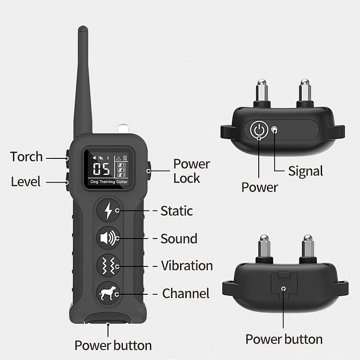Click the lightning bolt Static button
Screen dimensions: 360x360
coord(108,210)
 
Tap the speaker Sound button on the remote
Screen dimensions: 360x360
coord(108,238)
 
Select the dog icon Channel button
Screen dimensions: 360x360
coord(108,293)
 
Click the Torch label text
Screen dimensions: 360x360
coord(27,157)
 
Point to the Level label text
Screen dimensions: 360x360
coord(26,182)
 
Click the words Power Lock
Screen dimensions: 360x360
coord(191,171)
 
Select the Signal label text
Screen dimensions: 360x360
coord(306,171)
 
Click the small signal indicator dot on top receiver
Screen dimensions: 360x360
coord(274,130)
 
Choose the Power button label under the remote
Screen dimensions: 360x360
coord(113,345)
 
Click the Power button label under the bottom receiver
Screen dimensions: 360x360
coord(284,339)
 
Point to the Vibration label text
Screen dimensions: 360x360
coord(187,265)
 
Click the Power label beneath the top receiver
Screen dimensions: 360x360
coord(260,187)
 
